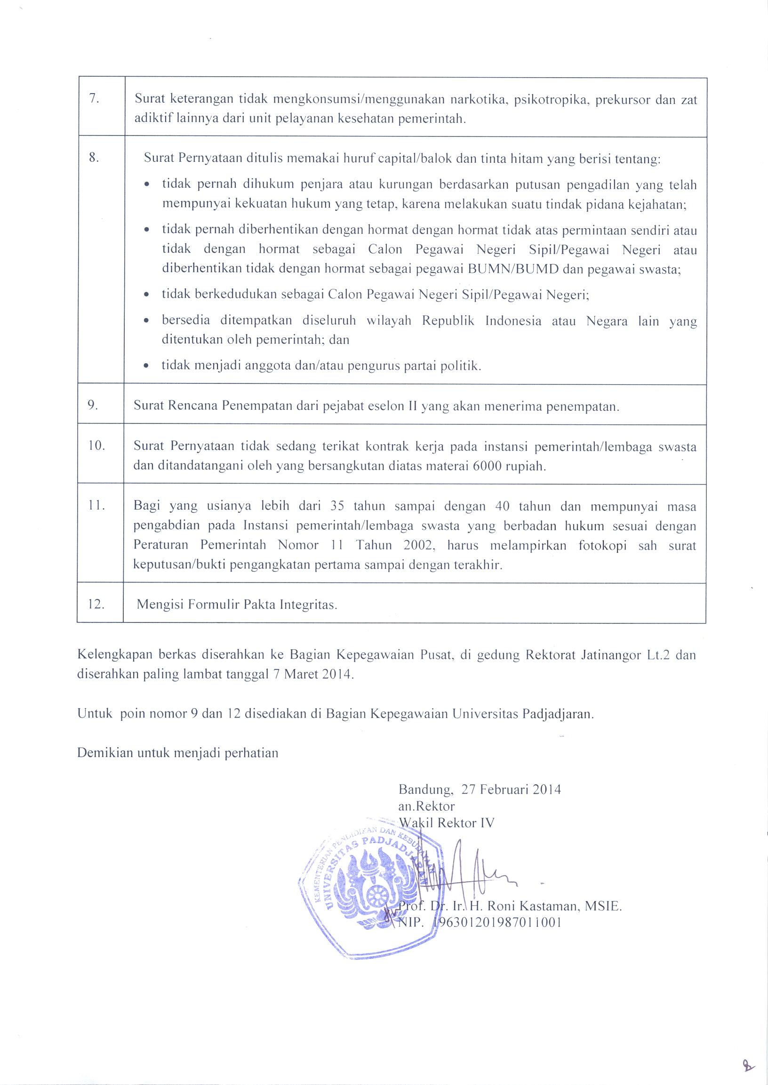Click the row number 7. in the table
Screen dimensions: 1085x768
coord(94,98)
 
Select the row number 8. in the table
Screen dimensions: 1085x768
coord(94,157)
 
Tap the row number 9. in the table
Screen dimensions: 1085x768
coord(93,405)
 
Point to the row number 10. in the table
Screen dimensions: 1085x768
coord(96,446)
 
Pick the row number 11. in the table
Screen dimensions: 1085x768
coord(96,505)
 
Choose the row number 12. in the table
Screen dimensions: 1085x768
coord(96,604)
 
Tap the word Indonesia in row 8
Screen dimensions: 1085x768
coord(513,321)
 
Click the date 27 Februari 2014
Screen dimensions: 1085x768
coord(511,790)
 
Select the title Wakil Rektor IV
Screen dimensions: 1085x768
coord(446,823)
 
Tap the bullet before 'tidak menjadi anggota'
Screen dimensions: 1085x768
coord(147,366)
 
